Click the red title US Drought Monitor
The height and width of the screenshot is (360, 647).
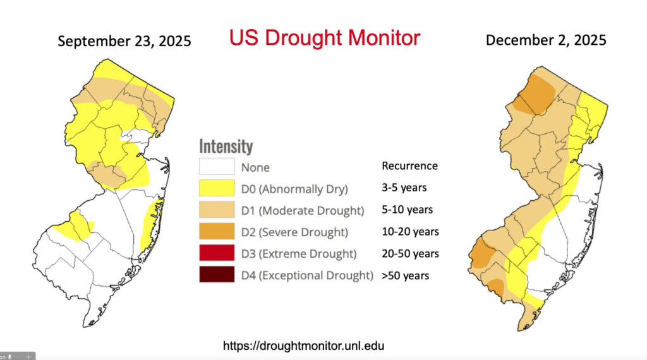tap(324, 38)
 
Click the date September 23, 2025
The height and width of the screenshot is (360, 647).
tap(124, 42)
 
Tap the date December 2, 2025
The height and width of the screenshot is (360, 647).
tap(546, 40)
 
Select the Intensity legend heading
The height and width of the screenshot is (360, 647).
tap(226, 147)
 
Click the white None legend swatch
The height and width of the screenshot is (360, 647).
tap(217, 167)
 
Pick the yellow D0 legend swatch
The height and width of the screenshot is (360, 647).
tap(217, 188)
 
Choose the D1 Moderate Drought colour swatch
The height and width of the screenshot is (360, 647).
tap(217, 210)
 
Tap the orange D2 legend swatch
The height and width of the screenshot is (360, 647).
tap(217, 232)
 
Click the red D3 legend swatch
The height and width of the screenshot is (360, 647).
tap(217, 253)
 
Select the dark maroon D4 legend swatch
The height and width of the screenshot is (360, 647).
tap(217, 275)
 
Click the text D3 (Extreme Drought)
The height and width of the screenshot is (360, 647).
tap(299, 254)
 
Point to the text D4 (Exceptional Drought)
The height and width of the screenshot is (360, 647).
tap(307, 275)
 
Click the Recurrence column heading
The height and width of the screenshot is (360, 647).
tap(409, 166)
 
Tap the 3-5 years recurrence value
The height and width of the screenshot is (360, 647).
tap(404, 188)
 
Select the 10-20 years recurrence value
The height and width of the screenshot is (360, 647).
tap(410, 231)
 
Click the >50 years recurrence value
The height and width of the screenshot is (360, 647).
tap(406, 275)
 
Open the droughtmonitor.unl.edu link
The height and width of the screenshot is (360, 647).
tap(303, 346)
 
